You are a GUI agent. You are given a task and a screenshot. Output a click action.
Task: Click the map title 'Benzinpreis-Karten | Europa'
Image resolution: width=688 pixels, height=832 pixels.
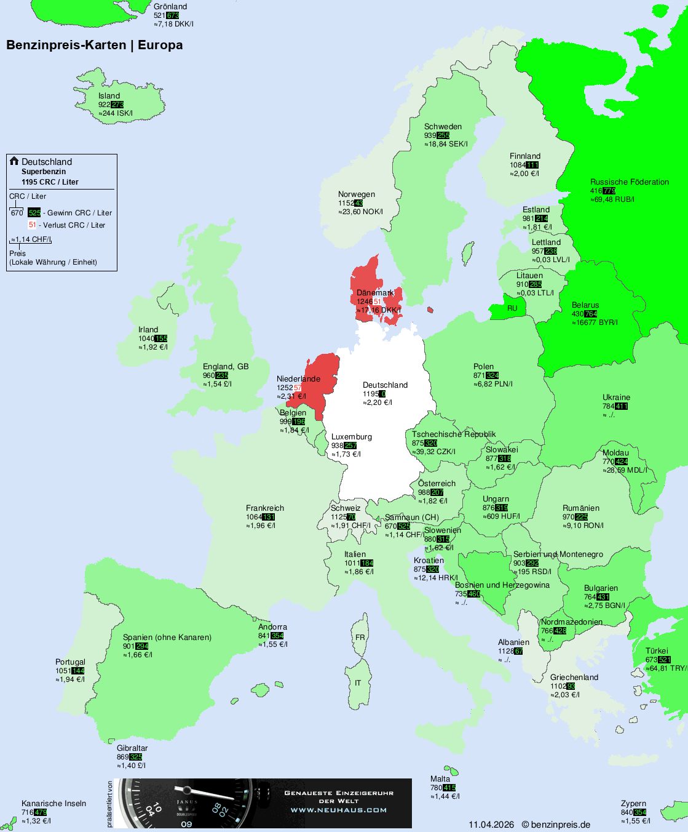click(x=94, y=45)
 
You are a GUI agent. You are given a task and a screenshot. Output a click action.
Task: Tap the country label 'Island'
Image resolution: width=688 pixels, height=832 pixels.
click(x=109, y=96)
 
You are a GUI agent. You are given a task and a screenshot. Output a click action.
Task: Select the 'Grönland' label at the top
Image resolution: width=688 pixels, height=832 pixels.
click(x=170, y=7)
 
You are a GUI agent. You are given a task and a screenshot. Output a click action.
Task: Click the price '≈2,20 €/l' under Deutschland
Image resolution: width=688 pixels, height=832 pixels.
click(x=378, y=402)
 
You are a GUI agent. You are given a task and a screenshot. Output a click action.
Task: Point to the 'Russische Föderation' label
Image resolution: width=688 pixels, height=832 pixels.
click(x=629, y=182)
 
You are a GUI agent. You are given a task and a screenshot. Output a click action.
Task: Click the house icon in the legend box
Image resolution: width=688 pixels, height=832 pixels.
click(x=14, y=161)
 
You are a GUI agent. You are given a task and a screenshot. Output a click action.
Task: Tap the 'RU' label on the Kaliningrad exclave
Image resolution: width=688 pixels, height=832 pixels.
click(x=512, y=308)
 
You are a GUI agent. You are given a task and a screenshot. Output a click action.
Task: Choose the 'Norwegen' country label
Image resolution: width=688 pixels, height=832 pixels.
click(x=356, y=194)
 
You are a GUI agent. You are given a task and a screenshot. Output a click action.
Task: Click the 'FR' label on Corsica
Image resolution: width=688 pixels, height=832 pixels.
click(x=360, y=638)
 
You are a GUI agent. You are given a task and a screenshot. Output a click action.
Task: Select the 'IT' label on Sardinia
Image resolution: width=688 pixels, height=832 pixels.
click(x=358, y=683)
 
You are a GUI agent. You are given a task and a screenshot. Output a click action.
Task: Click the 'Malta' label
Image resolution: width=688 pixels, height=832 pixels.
click(x=440, y=779)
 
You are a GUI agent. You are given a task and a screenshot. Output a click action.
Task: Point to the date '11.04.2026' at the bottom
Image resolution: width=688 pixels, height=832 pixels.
click(x=491, y=825)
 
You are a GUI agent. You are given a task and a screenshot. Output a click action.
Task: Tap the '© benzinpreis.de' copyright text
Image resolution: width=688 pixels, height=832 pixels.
click(x=556, y=825)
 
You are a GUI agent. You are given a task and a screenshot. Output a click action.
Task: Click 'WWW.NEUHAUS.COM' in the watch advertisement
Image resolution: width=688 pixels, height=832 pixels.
click(x=339, y=810)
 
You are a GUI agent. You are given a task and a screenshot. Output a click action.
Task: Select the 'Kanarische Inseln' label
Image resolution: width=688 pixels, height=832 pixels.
click(x=53, y=804)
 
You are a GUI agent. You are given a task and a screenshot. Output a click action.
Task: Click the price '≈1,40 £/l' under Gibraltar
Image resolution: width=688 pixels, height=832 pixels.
click(x=131, y=766)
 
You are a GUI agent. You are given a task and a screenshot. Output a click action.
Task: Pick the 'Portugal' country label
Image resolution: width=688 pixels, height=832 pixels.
click(x=70, y=662)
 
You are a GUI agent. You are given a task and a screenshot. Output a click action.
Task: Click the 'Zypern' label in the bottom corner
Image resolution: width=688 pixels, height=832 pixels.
click(x=633, y=804)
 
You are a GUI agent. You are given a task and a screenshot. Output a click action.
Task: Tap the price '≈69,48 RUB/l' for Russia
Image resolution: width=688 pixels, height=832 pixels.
click(x=612, y=199)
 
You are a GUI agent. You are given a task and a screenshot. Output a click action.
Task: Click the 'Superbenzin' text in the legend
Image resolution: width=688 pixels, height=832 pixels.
click(x=44, y=172)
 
